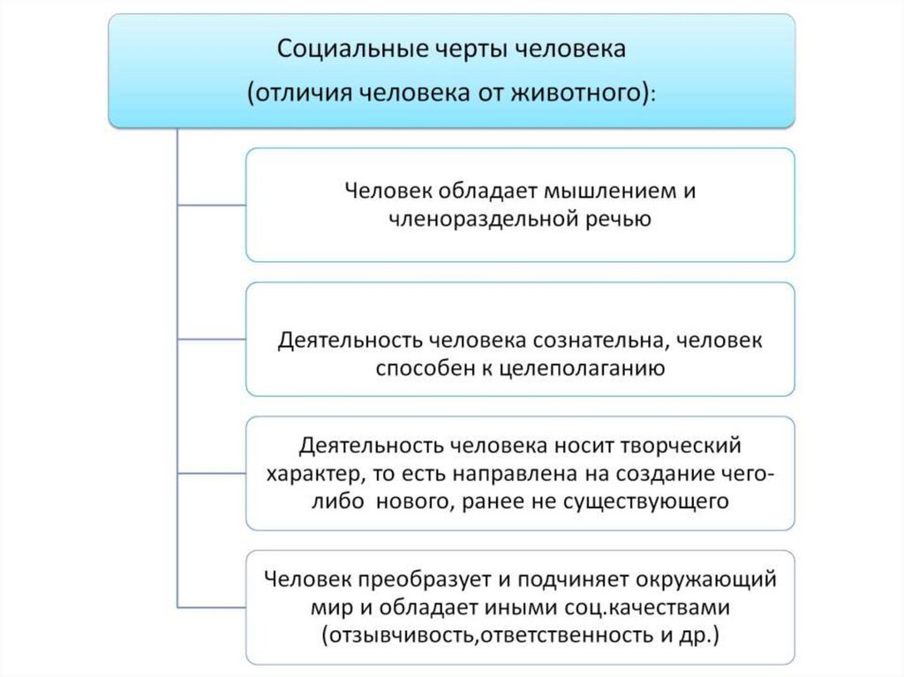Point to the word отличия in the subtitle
click(x=303, y=92)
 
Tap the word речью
click(x=618, y=219)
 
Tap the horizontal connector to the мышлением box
click(x=211, y=205)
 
